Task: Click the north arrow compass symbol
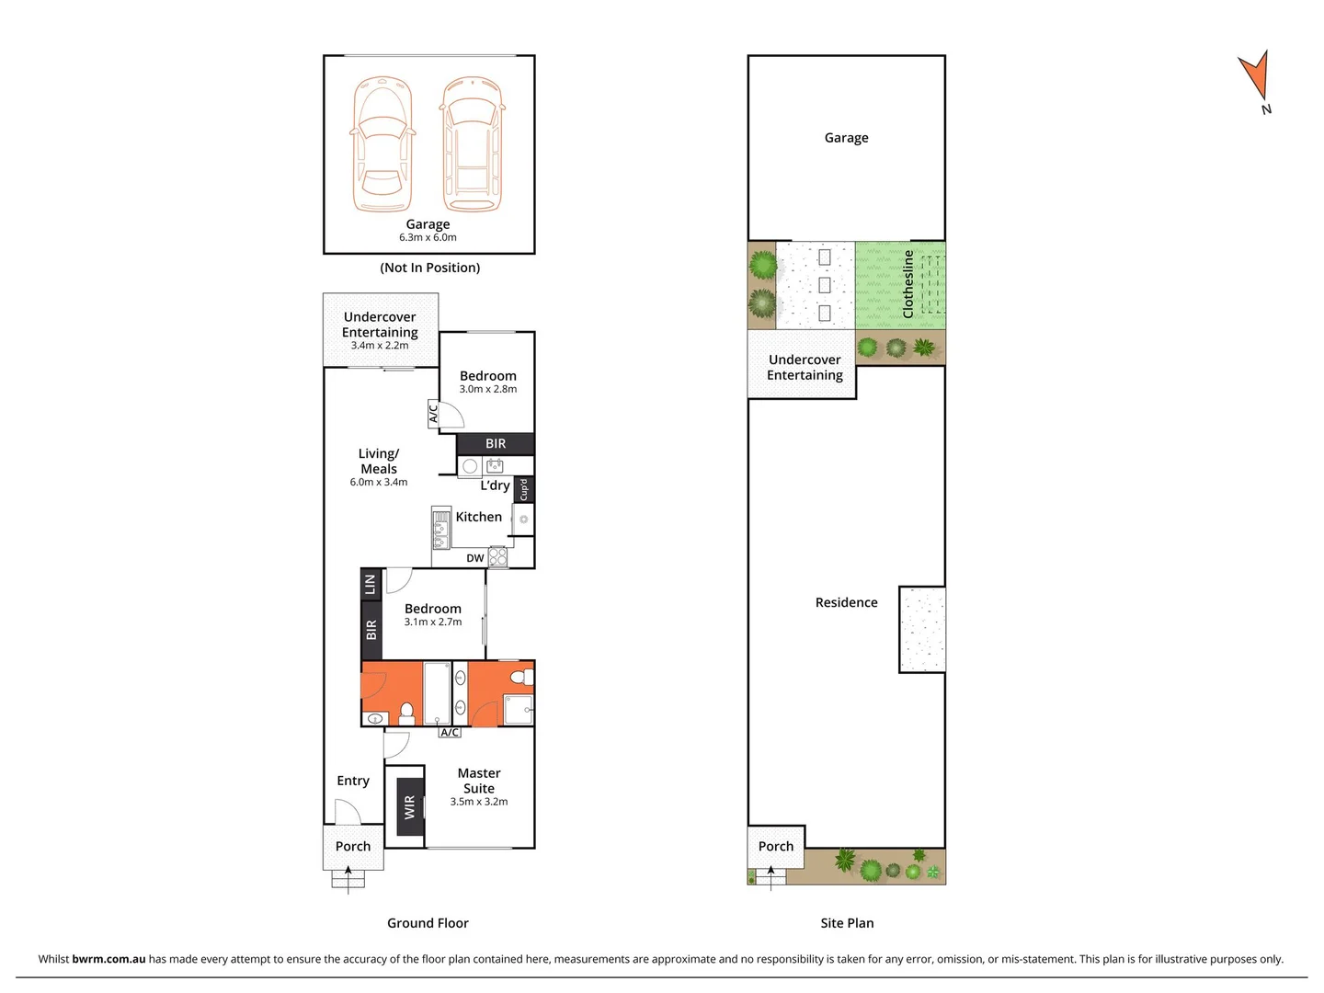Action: click(x=1255, y=77)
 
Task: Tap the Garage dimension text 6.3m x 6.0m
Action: click(x=428, y=237)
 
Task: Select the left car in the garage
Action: click(x=382, y=144)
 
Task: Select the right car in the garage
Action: click(x=472, y=144)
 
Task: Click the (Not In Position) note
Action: click(x=429, y=268)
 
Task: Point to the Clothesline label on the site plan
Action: click(x=908, y=283)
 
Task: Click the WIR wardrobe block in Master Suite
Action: click(x=410, y=806)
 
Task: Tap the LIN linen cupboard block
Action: click(x=371, y=583)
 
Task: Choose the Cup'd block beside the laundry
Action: click(x=524, y=489)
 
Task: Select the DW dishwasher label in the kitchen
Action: click(x=474, y=558)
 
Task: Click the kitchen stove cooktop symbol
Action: click(x=497, y=556)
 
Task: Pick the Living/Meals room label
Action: click(x=379, y=461)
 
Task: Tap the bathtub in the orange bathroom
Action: click(x=437, y=692)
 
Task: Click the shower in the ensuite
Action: click(x=518, y=710)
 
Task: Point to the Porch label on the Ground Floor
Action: click(x=353, y=846)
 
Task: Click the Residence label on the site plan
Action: click(x=846, y=602)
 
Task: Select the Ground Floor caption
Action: click(x=428, y=923)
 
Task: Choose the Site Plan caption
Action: click(x=847, y=923)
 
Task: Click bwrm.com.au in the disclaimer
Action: click(x=108, y=959)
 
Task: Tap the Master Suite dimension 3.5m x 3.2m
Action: click(x=478, y=802)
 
